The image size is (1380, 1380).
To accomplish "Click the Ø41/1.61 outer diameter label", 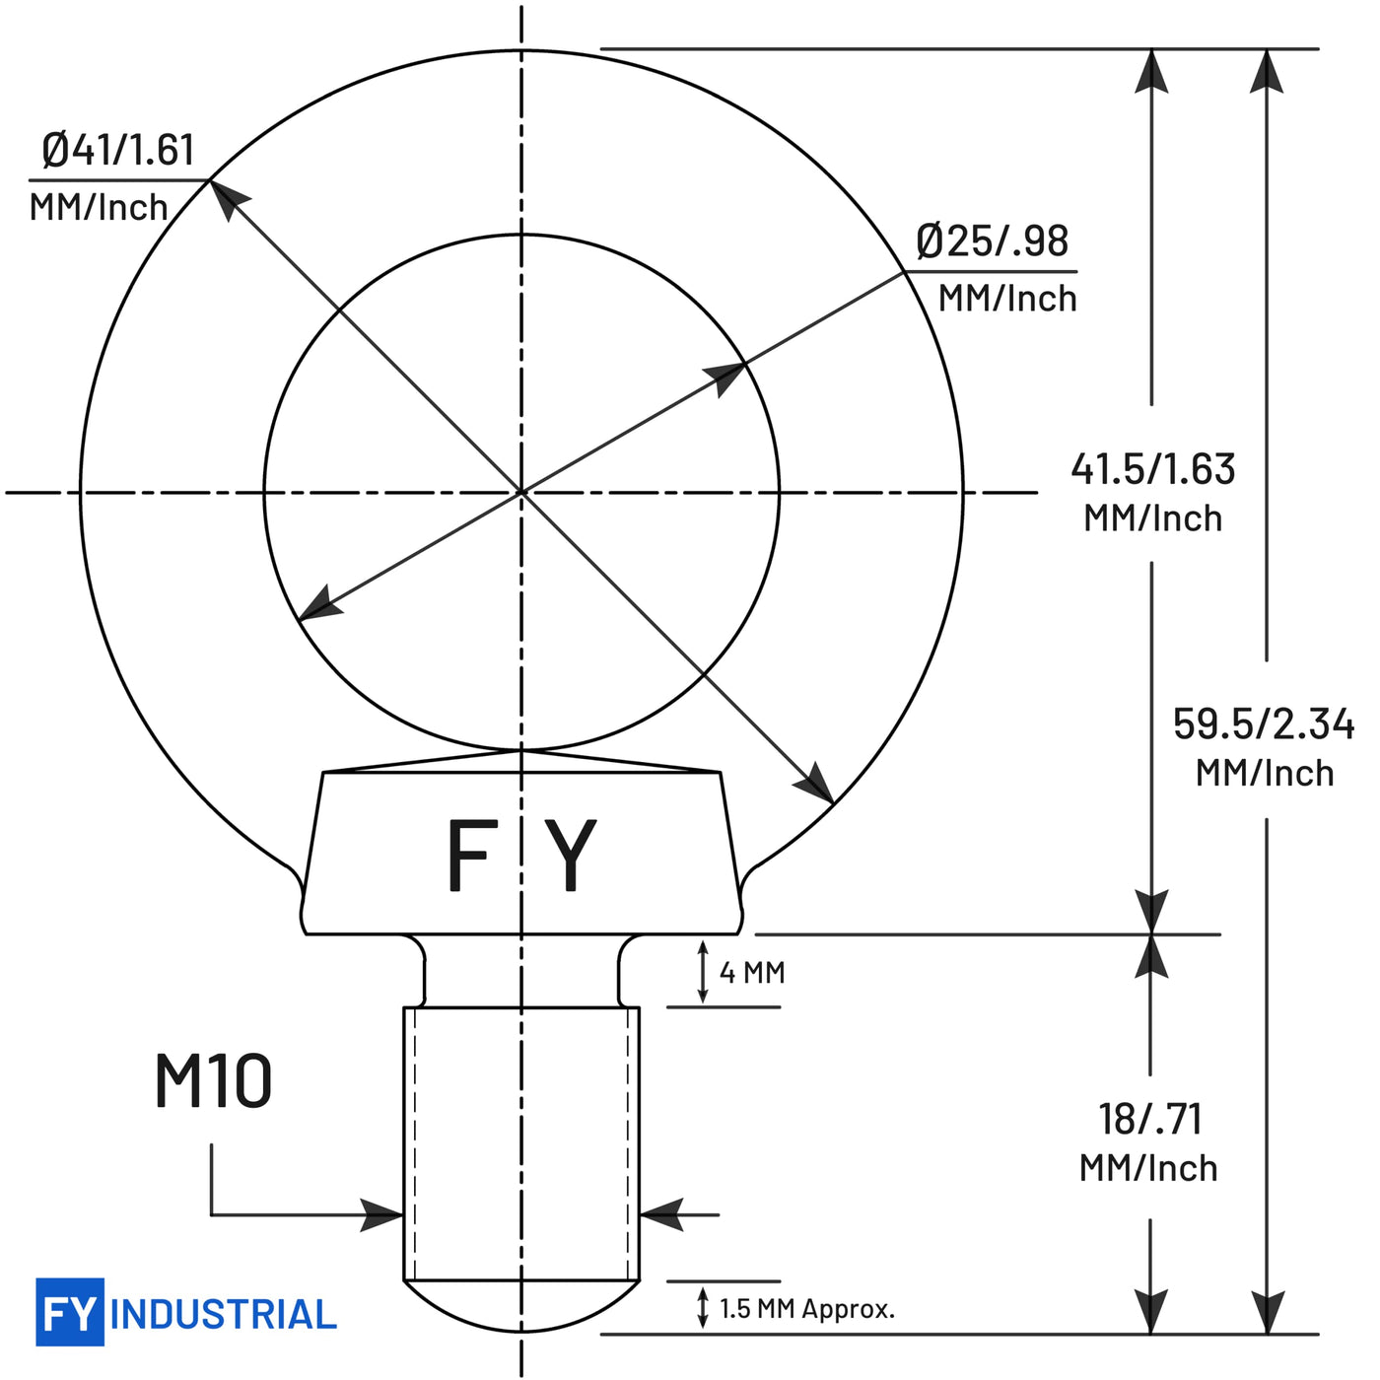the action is tap(118, 150).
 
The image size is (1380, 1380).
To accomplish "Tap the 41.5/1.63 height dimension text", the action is tap(1153, 469).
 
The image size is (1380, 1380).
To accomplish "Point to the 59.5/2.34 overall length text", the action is tap(1264, 724).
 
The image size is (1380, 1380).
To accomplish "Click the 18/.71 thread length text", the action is tap(1150, 1119).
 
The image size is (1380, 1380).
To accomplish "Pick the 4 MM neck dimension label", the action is tap(753, 973).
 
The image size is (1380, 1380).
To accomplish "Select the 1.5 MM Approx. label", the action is tap(807, 1308).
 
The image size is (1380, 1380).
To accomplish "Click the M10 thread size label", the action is tap(214, 1080).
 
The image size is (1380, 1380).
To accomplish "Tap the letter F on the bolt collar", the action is tap(473, 855).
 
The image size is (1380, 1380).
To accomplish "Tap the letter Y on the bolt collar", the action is tap(570, 855).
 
